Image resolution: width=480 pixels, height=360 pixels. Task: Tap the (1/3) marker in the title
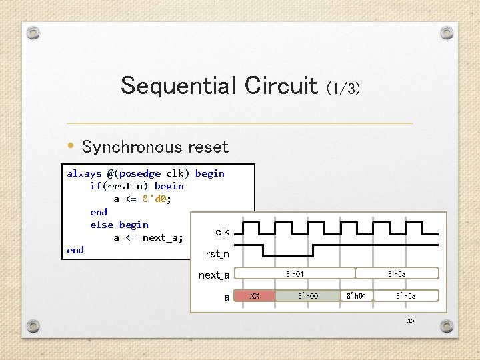tap(343, 88)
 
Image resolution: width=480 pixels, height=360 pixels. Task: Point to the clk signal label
tap(222, 232)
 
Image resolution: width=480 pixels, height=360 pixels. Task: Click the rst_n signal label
tap(217, 254)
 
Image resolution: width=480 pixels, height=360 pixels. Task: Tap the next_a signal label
tap(213, 275)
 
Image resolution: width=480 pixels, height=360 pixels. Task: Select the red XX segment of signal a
tap(254, 296)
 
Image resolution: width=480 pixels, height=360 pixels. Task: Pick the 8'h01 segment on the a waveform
tap(357, 296)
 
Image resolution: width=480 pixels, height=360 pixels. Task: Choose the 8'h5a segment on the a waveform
tap(405, 296)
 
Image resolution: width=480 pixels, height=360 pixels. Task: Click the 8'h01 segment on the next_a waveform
tap(296, 273)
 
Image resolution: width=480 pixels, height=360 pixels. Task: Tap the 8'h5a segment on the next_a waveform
tap(397, 273)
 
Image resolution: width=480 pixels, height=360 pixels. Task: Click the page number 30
tap(411, 321)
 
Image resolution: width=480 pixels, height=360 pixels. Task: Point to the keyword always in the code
tap(83, 173)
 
